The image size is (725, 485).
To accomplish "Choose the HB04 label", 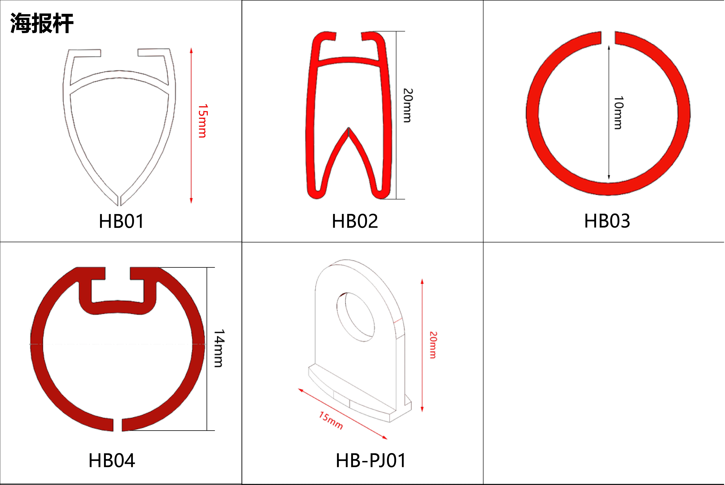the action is (112, 461).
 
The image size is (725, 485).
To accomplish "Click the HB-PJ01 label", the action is (371, 461).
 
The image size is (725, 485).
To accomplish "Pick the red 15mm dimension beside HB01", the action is (203, 121).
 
